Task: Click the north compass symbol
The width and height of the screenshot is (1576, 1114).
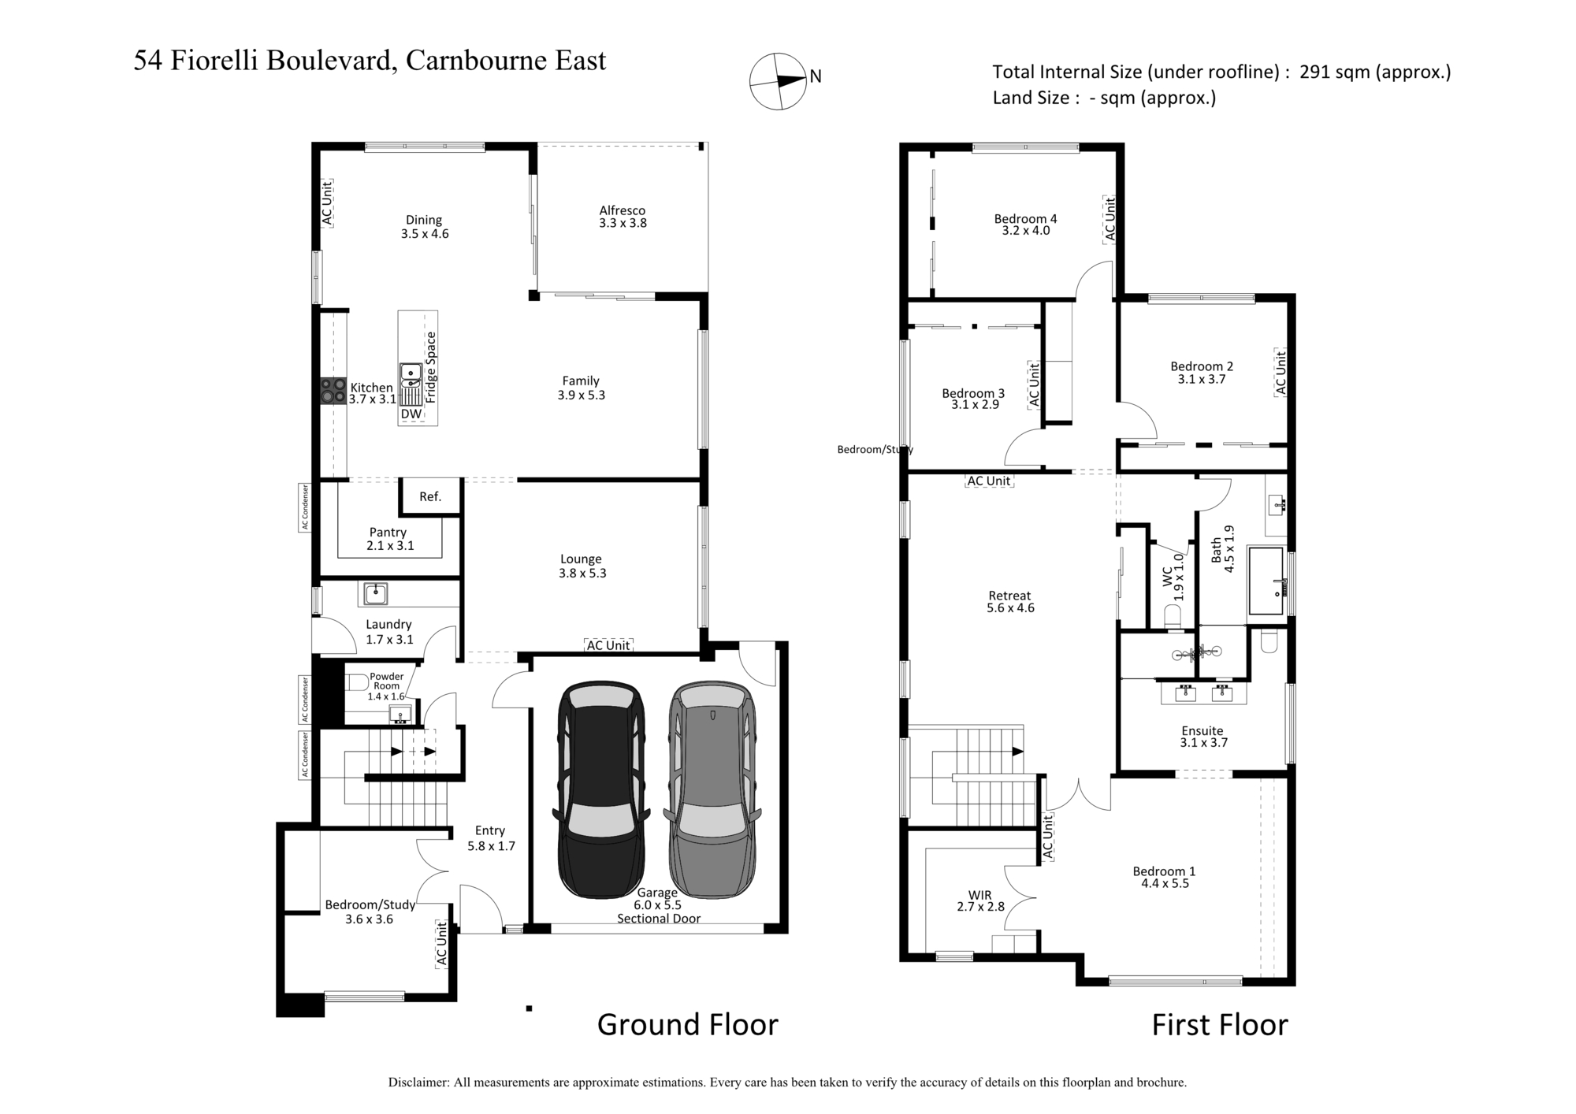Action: point(778,81)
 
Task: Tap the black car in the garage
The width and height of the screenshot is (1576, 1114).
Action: point(602,789)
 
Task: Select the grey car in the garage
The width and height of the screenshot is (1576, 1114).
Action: point(712,789)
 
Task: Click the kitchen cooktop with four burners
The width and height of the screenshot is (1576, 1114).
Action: point(333,392)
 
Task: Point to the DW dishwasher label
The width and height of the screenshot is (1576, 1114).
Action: point(411,414)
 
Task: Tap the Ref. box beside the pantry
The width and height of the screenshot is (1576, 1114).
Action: point(430,496)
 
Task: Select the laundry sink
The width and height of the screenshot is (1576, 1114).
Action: point(376,593)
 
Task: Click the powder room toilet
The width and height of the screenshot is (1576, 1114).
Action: point(357,682)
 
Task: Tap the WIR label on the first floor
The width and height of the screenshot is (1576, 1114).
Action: point(980,895)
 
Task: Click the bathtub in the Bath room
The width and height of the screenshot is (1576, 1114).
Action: point(1267,582)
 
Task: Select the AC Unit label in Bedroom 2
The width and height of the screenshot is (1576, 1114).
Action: point(1280,373)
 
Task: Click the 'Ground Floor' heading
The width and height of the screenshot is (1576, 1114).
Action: point(687,1024)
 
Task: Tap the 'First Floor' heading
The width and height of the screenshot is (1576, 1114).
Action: point(1220,1024)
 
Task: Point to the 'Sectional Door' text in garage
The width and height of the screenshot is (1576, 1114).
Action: point(659,919)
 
